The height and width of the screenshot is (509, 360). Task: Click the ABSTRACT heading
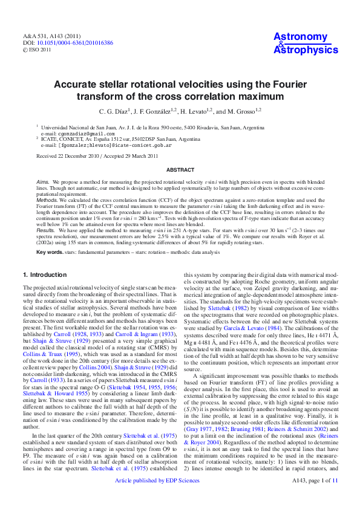(x=180, y=170)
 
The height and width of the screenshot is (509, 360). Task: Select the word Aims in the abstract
(x=42, y=181)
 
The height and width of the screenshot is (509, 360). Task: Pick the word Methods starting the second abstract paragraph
(x=47, y=198)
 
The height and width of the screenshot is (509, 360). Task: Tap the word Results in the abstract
(x=45, y=230)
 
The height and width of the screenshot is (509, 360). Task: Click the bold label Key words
(x=50, y=251)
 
